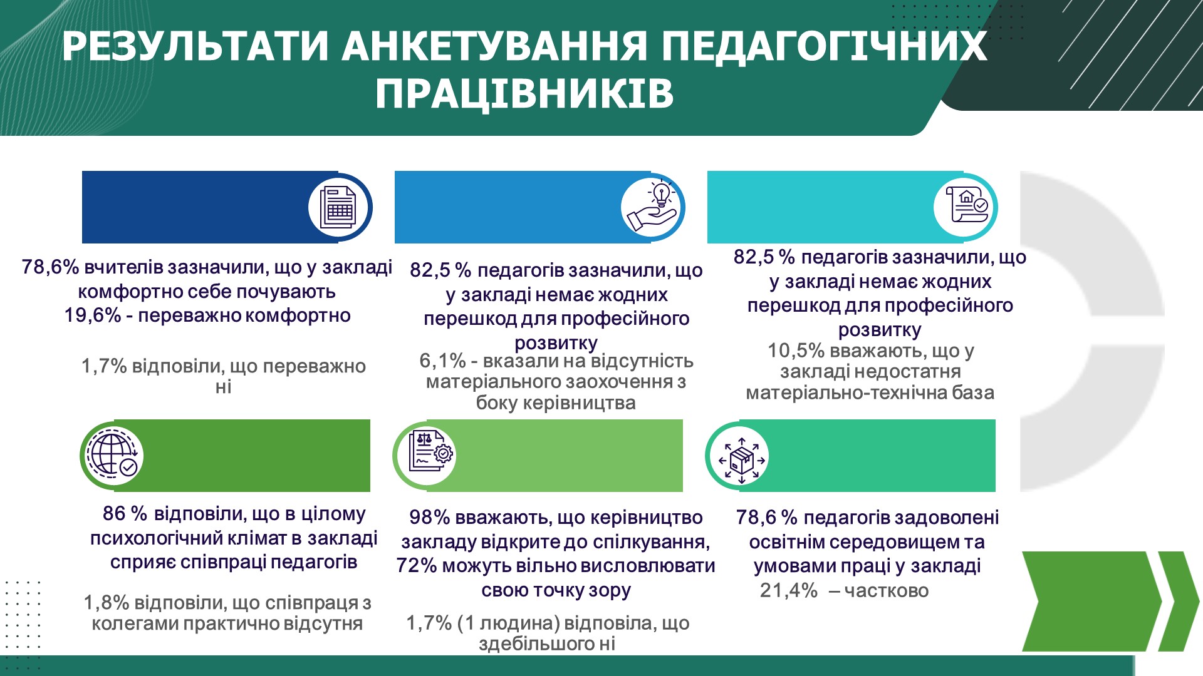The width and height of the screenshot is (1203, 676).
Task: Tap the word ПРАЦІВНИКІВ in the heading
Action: (x=524, y=94)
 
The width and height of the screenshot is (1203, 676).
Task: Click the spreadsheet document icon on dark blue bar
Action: (x=339, y=207)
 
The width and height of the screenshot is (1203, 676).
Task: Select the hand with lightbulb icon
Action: (x=652, y=207)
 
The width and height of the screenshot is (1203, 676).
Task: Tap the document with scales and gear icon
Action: (x=430, y=451)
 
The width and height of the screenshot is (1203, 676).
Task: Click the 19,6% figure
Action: (x=93, y=315)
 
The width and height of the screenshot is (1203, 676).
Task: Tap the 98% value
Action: (x=430, y=518)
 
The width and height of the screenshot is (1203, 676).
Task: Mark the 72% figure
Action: (x=417, y=566)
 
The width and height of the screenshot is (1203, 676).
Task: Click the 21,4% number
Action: (x=789, y=590)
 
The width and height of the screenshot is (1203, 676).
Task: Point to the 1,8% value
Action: (x=107, y=603)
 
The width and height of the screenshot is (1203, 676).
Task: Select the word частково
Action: (x=887, y=591)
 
